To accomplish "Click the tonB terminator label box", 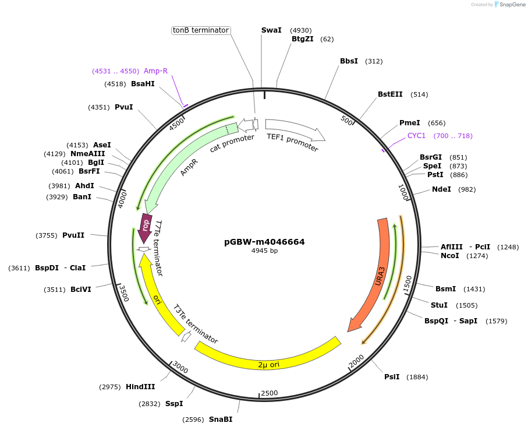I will pyautogui.click(x=201, y=30).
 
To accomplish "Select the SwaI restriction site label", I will pyautogui.click(x=271, y=30).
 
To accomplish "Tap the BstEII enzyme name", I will pyautogui.click(x=390, y=94).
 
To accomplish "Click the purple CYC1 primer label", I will pyautogui.click(x=416, y=136).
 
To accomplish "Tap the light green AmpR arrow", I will pyautogui.click(x=180, y=169).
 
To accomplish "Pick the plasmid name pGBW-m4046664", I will pyautogui.click(x=264, y=242).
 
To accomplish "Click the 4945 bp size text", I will pyautogui.click(x=264, y=251).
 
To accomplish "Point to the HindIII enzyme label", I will pyautogui.click(x=140, y=387).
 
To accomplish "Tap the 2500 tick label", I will pyautogui.click(x=270, y=393).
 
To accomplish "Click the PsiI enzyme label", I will pyautogui.click(x=392, y=377).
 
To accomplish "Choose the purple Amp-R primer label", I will pyautogui.click(x=155, y=71).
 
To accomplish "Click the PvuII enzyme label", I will pyautogui.click(x=73, y=235).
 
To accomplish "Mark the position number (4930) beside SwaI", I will pyautogui.click(x=301, y=30).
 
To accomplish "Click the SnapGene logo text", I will pyautogui.click(x=513, y=5).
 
